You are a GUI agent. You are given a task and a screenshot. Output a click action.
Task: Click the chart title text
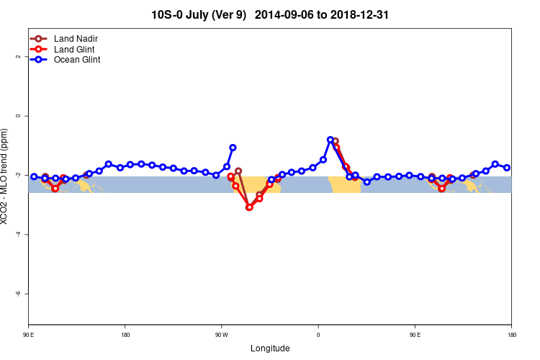point(270,14)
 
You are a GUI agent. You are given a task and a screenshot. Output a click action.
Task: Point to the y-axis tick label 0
point(17,116)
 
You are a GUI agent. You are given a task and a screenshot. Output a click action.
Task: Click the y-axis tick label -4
point(17,235)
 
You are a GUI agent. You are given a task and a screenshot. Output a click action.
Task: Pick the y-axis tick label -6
point(17,294)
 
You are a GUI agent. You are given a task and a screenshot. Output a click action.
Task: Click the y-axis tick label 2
point(17,57)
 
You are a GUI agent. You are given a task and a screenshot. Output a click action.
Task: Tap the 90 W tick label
point(221,335)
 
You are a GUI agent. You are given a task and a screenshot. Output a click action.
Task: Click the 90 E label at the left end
point(28,335)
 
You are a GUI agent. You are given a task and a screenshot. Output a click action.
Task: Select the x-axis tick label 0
point(318,335)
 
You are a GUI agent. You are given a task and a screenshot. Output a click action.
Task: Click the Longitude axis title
point(270,348)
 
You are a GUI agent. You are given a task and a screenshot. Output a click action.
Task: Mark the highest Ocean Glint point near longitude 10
point(330,140)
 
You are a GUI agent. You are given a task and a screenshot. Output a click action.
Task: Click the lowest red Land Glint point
point(249,207)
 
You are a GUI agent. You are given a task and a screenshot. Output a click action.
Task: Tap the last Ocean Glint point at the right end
point(507,168)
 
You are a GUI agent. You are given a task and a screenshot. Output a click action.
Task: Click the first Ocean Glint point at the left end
point(34,176)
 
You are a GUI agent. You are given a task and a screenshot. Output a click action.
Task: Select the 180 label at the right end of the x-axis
point(511,335)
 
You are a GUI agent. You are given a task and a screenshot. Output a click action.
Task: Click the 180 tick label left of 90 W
point(125,335)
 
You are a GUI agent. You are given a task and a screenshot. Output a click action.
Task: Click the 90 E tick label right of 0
point(415,335)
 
